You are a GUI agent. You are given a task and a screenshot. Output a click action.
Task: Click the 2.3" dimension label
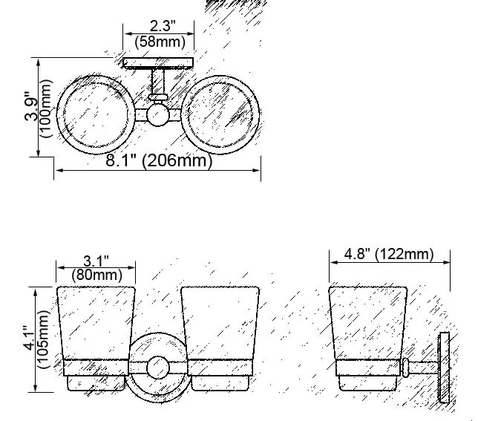coord(163,25)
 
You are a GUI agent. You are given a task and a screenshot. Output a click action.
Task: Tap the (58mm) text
coord(160,42)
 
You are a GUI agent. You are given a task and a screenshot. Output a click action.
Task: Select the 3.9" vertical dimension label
coord(31,105)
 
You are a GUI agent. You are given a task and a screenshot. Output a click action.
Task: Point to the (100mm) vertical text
coord(46,108)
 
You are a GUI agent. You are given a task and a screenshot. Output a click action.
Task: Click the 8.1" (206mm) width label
coord(159,160)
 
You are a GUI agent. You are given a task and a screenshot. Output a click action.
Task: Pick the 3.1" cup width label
coord(96,261)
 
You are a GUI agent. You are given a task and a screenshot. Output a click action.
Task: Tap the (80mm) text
coord(97,275)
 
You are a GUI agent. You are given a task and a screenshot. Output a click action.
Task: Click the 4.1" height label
coord(30,338)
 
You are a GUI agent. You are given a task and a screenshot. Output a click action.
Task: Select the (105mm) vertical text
coord(43,339)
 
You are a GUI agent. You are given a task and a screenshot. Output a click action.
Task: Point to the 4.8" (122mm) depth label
coord(389,254)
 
